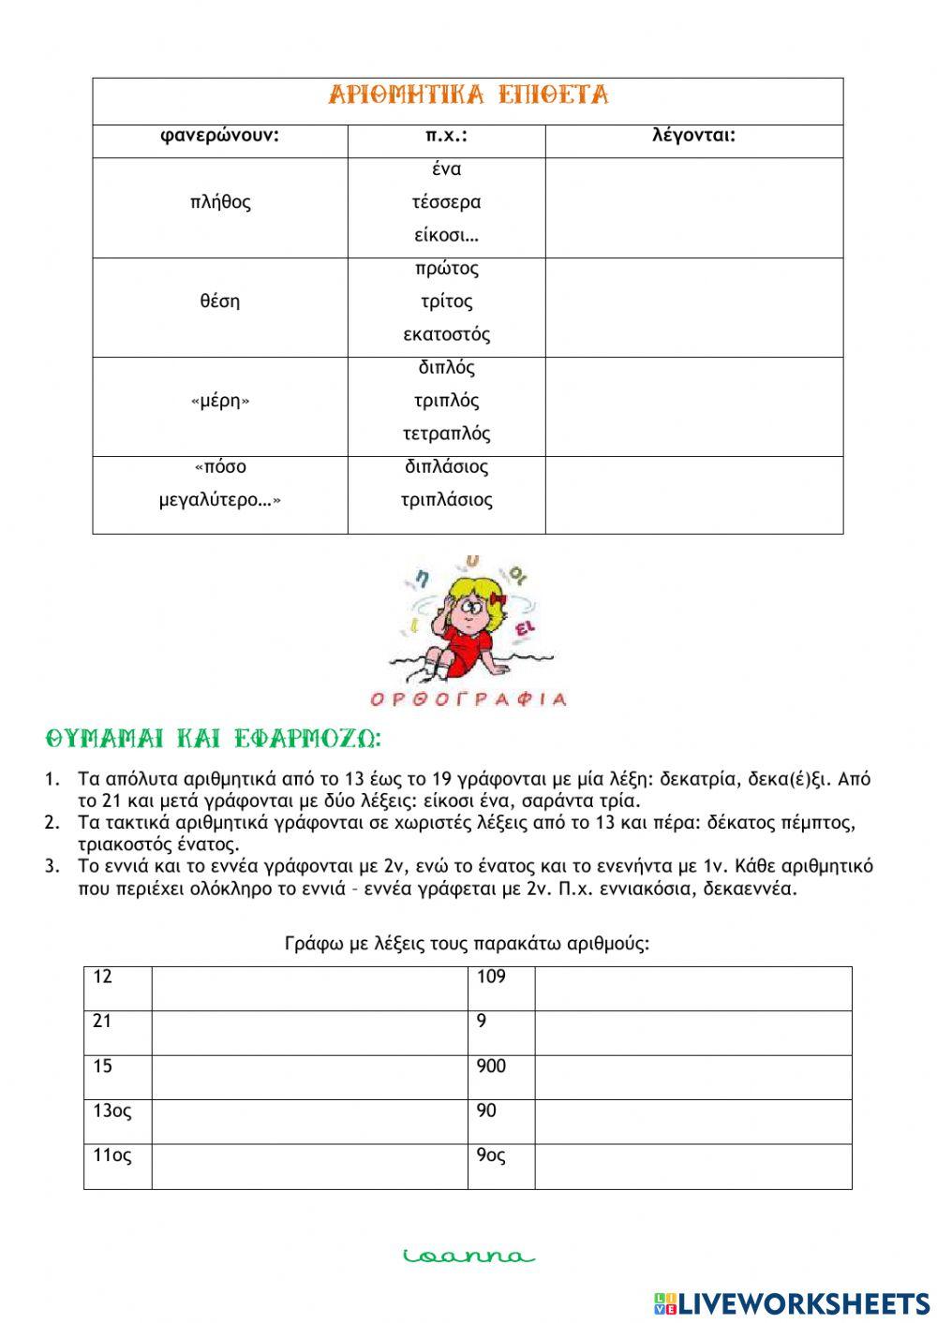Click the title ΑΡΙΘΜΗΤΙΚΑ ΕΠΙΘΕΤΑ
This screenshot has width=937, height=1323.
pyautogui.click(x=468, y=96)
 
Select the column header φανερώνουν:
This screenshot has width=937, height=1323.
pyautogui.click(x=220, y=136)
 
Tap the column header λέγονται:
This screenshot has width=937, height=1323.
pyautogui.click(x=694, y=136)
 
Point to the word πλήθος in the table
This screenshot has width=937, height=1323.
pyautogui.click(x=220, y=202)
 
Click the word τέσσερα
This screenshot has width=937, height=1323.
pyautogui.click(x=446, y=202)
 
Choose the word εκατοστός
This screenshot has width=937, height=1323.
pyautogui.click(x=446, y=334)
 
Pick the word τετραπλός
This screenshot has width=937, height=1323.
pyautogui.click(x=446, y=434)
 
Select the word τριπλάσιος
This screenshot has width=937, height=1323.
pyautogui.click(x=446, y=500)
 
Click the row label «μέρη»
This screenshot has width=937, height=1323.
pyautogui.click(x=220, y=402)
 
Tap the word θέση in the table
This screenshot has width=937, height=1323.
pyautogui.click(x=220, y=301)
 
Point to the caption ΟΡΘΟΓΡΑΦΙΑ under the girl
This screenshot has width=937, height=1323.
pyautogui.click(x=468, y=698)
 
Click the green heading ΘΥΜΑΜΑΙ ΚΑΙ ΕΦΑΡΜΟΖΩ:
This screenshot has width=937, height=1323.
pyautogui.click(x=214, y=740)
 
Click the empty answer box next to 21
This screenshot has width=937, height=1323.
pyautogui.click(x=309, y=1033)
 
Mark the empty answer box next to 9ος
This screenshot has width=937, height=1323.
pyautogui.click(x=693, y=1167)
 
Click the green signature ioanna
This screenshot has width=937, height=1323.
pyautogui.click(x=468, y=1257)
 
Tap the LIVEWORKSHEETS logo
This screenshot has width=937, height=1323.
pyautogui.click(x=792, y=1302)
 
